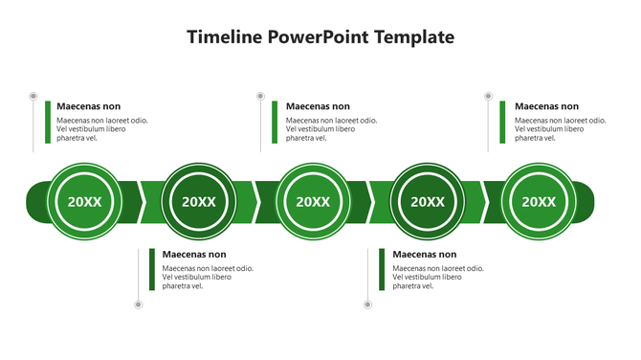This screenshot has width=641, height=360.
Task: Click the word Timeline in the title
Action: coord(225,37)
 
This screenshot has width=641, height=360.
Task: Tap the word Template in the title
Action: coord(409,37)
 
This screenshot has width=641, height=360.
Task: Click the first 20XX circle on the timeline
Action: coord(84,201)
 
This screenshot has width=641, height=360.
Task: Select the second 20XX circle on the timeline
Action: coord(199,201)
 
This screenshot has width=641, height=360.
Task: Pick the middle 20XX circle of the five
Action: coord(313,201)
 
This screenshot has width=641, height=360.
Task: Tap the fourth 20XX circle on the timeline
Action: coord(428,201)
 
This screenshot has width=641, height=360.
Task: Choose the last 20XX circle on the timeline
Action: coord(539,201)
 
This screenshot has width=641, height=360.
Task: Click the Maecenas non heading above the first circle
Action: coord(89,106)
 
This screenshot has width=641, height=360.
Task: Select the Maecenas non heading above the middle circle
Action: coord(318,106)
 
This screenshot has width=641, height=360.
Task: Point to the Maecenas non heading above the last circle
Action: coord(546,106)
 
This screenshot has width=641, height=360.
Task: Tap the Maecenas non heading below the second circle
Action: coord(194,255)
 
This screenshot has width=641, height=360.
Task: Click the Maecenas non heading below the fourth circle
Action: coord(425,255)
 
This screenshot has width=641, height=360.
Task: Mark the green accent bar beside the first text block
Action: coord(47,122)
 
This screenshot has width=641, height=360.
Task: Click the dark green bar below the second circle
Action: coord(151,270)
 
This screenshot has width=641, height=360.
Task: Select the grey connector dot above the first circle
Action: coord(33,96)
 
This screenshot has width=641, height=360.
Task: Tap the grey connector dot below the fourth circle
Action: coord(367,304)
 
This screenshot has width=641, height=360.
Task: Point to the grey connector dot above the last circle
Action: coord(488,96)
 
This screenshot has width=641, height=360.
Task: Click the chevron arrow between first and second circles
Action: coord(141,201)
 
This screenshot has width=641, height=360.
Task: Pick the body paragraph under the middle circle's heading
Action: coord(331,129)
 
